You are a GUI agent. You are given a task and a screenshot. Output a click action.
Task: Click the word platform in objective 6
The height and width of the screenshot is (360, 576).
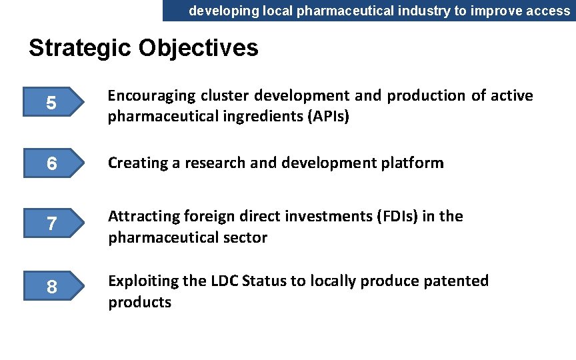[413, 163]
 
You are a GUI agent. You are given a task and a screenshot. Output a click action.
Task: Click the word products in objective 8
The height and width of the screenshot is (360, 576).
[140, 302]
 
